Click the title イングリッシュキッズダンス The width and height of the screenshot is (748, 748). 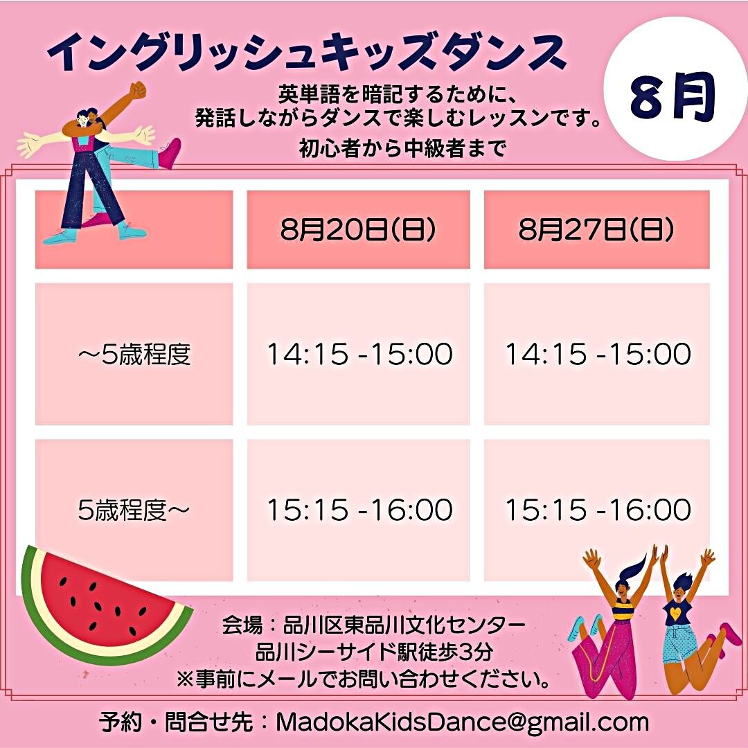(307, 53)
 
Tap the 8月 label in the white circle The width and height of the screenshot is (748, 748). (673, 98)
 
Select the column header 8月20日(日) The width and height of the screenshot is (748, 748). (358, 229)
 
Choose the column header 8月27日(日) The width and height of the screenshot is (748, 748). (597, 229)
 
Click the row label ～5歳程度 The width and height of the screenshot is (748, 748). (134, 355)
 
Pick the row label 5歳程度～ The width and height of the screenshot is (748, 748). (134, 510)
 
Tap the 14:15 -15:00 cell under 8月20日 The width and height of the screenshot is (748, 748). (359, 354)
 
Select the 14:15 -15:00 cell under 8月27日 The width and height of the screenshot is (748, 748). (598, 354)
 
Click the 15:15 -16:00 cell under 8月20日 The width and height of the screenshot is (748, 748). (359, 510)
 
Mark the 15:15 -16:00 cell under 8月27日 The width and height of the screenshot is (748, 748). (598, 510)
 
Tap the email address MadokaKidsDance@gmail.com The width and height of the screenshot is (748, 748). (462, 722)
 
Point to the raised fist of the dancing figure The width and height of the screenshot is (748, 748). (138, 89)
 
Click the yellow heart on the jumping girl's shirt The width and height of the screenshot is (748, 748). (675, 612)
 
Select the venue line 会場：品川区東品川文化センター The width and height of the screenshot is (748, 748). (373, 625)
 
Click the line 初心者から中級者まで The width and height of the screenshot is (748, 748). (402, 149)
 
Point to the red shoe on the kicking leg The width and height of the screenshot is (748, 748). (170, 153)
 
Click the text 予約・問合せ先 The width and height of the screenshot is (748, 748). (176, 722)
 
